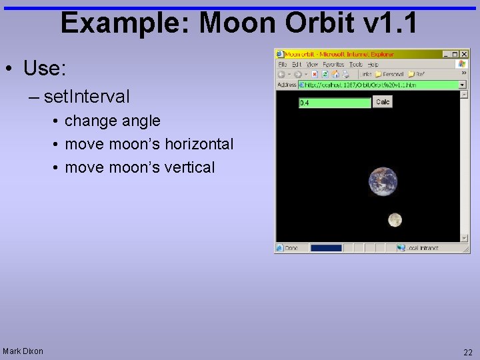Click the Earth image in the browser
click(383, 181)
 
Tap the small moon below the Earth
click(395, 219)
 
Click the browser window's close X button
click(465, 54)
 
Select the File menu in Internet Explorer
click(283, 65)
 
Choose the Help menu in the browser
click(373, 65)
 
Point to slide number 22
click(467, 351)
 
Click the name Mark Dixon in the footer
click(23, 351)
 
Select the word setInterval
click(87, 97)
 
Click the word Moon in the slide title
click(239, 23)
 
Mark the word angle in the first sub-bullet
click(142, 121)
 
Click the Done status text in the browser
click(291, 248)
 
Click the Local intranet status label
click(423, 248)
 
